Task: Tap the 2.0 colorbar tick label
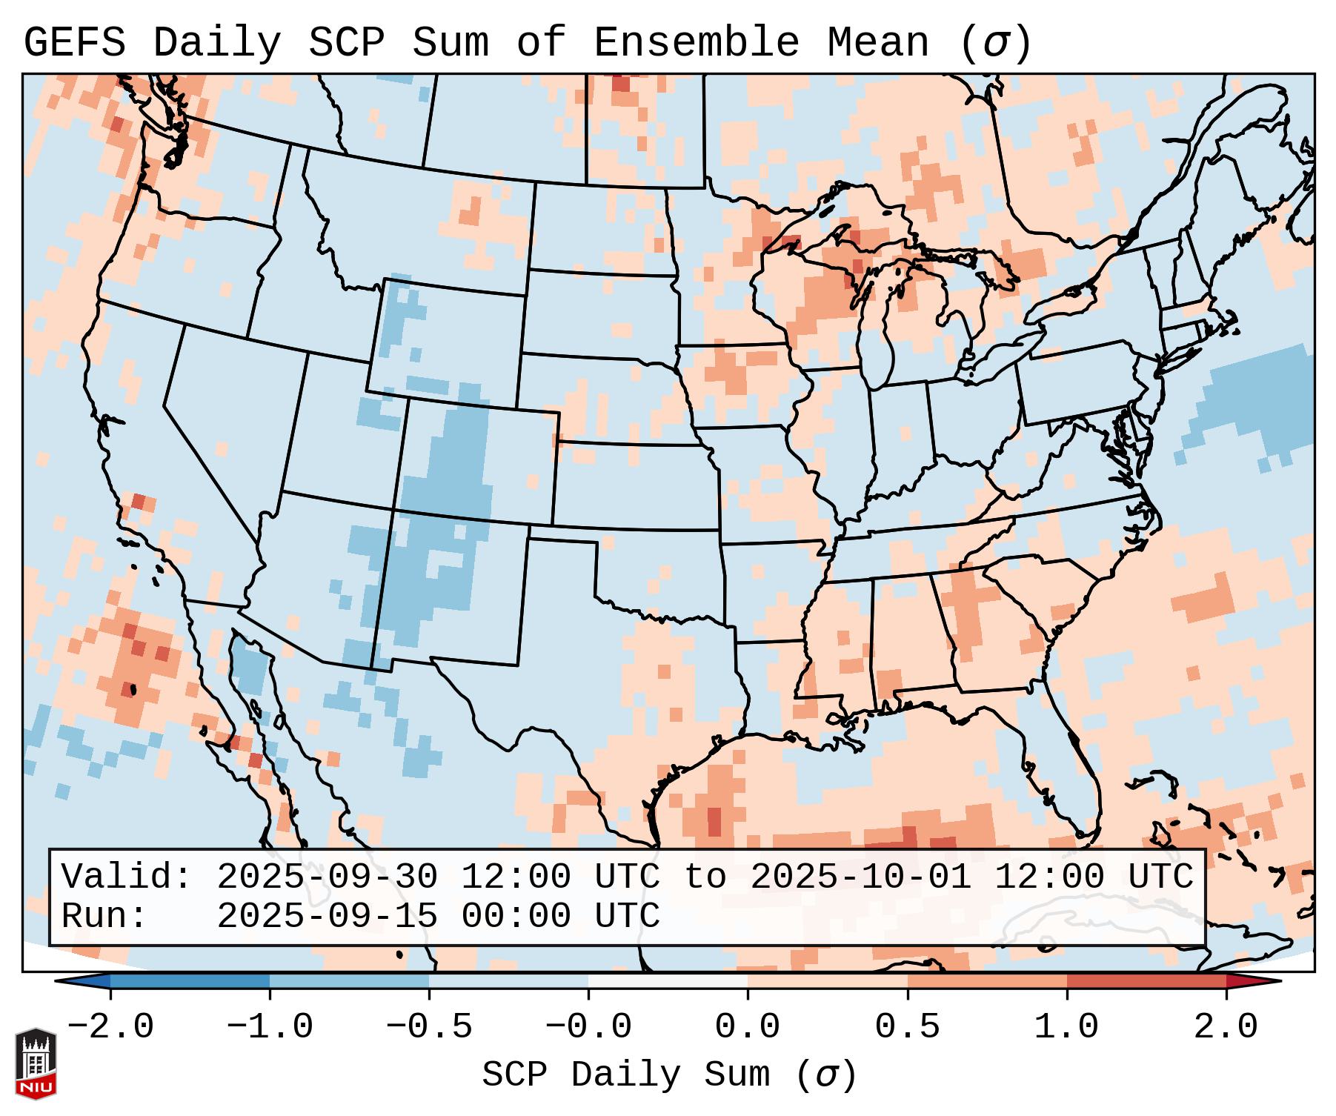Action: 1226,1027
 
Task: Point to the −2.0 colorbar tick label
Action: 110,1027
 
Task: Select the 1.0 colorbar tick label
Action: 1066,1027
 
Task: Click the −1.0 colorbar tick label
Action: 270,1027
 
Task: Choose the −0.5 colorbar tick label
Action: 429,1027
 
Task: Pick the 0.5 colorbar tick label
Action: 907,1027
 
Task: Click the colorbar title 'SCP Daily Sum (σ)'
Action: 669,1075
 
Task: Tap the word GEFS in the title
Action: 74,43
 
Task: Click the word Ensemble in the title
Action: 697,43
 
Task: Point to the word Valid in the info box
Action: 126,877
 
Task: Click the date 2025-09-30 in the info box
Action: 327,877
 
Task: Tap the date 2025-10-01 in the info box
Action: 860,877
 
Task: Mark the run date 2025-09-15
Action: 327,917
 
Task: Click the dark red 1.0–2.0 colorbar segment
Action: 1146,981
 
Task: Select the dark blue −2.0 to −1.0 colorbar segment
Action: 190,981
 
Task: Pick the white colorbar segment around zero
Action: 668,981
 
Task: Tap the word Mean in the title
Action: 877,43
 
